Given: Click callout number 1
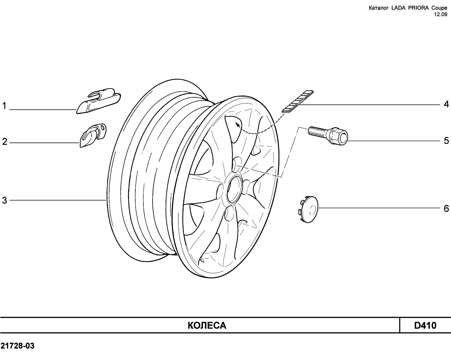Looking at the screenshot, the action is click(4, 106).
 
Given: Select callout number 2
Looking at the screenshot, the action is click(5, 142).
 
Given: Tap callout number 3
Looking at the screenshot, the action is click(5, 200).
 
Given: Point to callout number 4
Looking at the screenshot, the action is click(446, 104).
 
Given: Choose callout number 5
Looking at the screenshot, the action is click(446, 141).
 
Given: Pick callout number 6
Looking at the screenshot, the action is click(446, 208).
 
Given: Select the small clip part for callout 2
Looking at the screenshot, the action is click(93, 135).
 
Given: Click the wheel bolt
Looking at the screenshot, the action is click(328, 135).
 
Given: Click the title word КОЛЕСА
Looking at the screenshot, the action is click(207, 325).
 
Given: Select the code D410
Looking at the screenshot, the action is click(425, 325).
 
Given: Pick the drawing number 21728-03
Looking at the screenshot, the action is click(17, 346).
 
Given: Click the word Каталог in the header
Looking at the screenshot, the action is click(378, 8).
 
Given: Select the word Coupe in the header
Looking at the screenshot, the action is click(439, 8).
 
